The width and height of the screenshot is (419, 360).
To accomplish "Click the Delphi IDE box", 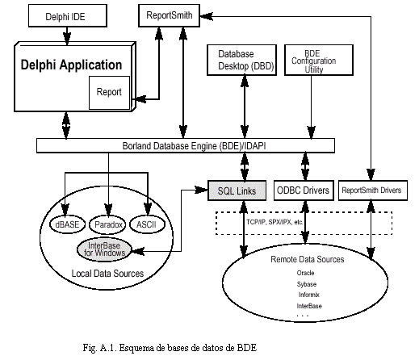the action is tap(68, 15).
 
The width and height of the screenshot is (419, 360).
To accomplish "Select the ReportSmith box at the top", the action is tap(169, 15).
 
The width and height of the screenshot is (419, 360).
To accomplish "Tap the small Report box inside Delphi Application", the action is tap(109, 93).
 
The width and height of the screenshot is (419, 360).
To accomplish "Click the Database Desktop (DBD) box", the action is tap(241, 60).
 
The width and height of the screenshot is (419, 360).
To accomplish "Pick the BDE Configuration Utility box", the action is tap(319, 60).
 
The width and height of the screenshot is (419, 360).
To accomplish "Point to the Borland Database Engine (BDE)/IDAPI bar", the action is tap(186, 145).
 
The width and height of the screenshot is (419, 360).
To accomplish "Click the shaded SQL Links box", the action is tap(237, 190).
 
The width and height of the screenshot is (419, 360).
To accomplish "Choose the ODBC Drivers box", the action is tap(304, 190).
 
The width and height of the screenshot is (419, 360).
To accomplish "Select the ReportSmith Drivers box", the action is tap(373, 190).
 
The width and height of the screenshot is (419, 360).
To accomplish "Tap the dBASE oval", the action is tap(67, 224).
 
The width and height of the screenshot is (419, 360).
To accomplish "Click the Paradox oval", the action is tap(107, 224).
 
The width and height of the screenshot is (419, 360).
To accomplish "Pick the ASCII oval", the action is tap(147, 224).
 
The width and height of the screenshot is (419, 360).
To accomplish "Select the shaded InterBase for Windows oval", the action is tap(104, 249).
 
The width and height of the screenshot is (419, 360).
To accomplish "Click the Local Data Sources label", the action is tap(107, 274).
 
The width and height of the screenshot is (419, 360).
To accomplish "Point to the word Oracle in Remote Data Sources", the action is tap(305, 273).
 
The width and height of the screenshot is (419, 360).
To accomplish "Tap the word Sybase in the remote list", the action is tap(307, 284).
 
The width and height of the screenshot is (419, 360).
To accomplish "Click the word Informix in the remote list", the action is tap(308, 295).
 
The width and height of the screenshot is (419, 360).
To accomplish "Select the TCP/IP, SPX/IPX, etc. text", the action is tap(274, 222).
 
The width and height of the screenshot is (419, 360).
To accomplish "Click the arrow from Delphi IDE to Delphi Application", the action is tap(67, 36).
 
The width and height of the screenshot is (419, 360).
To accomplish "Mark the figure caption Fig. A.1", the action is tap(170, 348).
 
